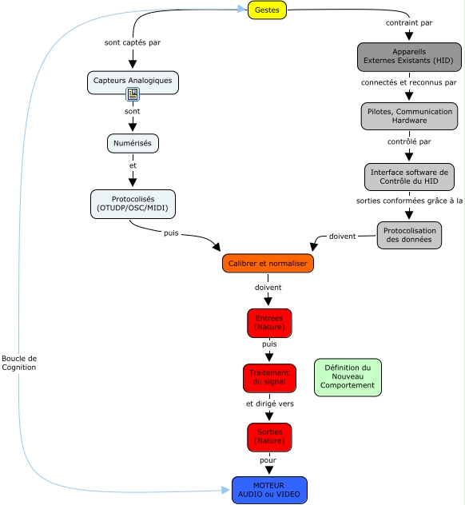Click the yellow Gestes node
pyautogui.click(x=267, y=10)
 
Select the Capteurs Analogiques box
pyautogui.click(x=133, y=81)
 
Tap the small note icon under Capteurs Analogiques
pyautogui.click(x=133, y=95)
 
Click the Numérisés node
pyautogui.click(x=133, y=143)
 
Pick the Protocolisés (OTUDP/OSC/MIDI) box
pyautogui.click(x=133, y=203)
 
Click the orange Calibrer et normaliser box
pyautogui.click(x=268, y=263)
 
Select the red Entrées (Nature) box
pyautogui.click(x=269, y=323)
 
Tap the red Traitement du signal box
pyautogui.click(x=269, y=378)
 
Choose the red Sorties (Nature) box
pyautogui.click(x=269, y=436)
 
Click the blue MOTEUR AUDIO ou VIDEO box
pyautogui.click(x=269, y=489)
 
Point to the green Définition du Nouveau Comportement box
pyautogui.click(x=348, y=377)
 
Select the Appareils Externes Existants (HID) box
pyautogui.click(x=409, y=56)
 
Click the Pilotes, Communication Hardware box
pyautogui.click(x=409, y=117)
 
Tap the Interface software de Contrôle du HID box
pyautogui.click(x=409, y=177)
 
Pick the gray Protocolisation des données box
pyautogui.click(x=408, y=235)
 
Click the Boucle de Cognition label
pyautogui.click(x=19, y=362)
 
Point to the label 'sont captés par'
pyautogui.click(x=133, y=42)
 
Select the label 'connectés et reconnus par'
pyautogui.click(x=409, y=82)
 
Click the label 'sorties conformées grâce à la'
pyautogui.click(x=409, y=201)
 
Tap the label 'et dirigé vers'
pyautogui.click(x=269, y=404)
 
